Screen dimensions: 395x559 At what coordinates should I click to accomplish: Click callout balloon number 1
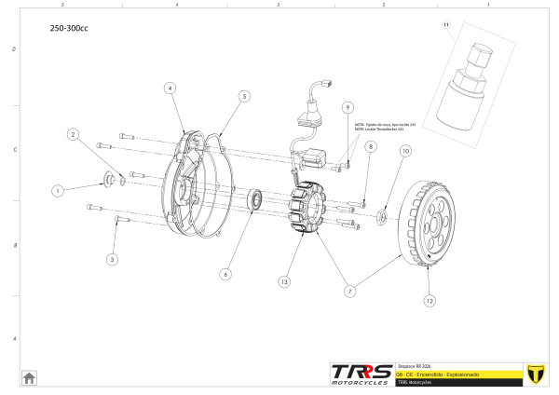click(x=57, y=190)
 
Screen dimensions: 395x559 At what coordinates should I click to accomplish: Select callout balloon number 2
click(x=73, y=134)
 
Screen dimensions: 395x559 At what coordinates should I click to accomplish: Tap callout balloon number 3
click(x=112, y=259)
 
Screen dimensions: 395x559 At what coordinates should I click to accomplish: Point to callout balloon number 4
click(x=170, y=88)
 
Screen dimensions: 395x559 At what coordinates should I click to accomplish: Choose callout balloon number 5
click(x=243, y=96)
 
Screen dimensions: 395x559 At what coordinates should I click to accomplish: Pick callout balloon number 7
click(x=350, y=291)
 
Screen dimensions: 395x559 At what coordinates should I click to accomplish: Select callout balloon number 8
click(x=370, y=147)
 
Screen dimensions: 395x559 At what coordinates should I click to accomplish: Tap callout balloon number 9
click(x=347, y=107)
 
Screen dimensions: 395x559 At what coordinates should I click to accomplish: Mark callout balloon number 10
click(x=404, y=151)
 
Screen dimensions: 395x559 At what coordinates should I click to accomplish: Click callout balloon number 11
click(x=445, y=23)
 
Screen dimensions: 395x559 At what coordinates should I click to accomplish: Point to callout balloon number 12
click(x=429, y=301)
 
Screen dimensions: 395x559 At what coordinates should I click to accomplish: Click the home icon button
click(x=29, y=377)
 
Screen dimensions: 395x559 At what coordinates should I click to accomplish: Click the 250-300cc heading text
click(x=69, y=28)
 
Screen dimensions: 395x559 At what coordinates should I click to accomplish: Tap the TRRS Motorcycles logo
click(x=361, y=373)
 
